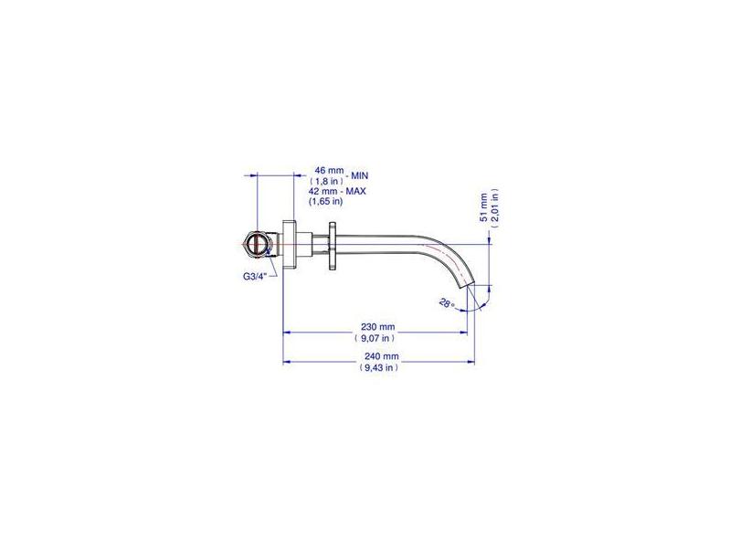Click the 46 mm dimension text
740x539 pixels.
[x=327, y=170]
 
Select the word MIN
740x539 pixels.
[x=359, y=175]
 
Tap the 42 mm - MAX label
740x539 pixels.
[x=337, y=191]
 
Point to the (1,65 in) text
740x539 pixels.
[x=325, y=202]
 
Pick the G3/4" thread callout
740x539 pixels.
[x=254, y=277]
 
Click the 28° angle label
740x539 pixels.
[x=446, y=303]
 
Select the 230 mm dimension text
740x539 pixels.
[x=377, y=327]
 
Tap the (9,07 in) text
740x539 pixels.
[x=375, y=338]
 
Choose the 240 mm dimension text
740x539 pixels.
[x=381, y=356]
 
